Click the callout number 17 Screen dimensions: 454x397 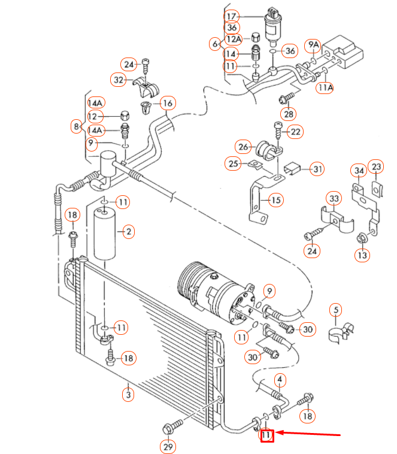[x=232, y=16]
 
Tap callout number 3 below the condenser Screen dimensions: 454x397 [x=128, y=394]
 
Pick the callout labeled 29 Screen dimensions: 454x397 [x=168, y=447]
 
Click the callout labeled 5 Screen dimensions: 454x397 [x=337, y=310]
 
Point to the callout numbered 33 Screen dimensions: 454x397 [x=333, y=199]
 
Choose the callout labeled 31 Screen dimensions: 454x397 [x=317, y=170]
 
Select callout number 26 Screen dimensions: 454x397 [x=243, y=147]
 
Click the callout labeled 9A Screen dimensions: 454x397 [x=313, y=45]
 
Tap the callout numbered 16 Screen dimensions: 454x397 [x=167, y=104]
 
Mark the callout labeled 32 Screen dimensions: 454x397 [x=119, y=79]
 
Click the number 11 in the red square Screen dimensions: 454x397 [x=266, y=436]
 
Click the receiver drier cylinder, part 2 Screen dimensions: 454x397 [x=105, y=234]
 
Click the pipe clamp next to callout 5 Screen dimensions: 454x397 [x=341, y=331]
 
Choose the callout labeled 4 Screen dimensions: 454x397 [x=280, y=379]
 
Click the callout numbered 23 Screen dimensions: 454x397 [x=375, y=166]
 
